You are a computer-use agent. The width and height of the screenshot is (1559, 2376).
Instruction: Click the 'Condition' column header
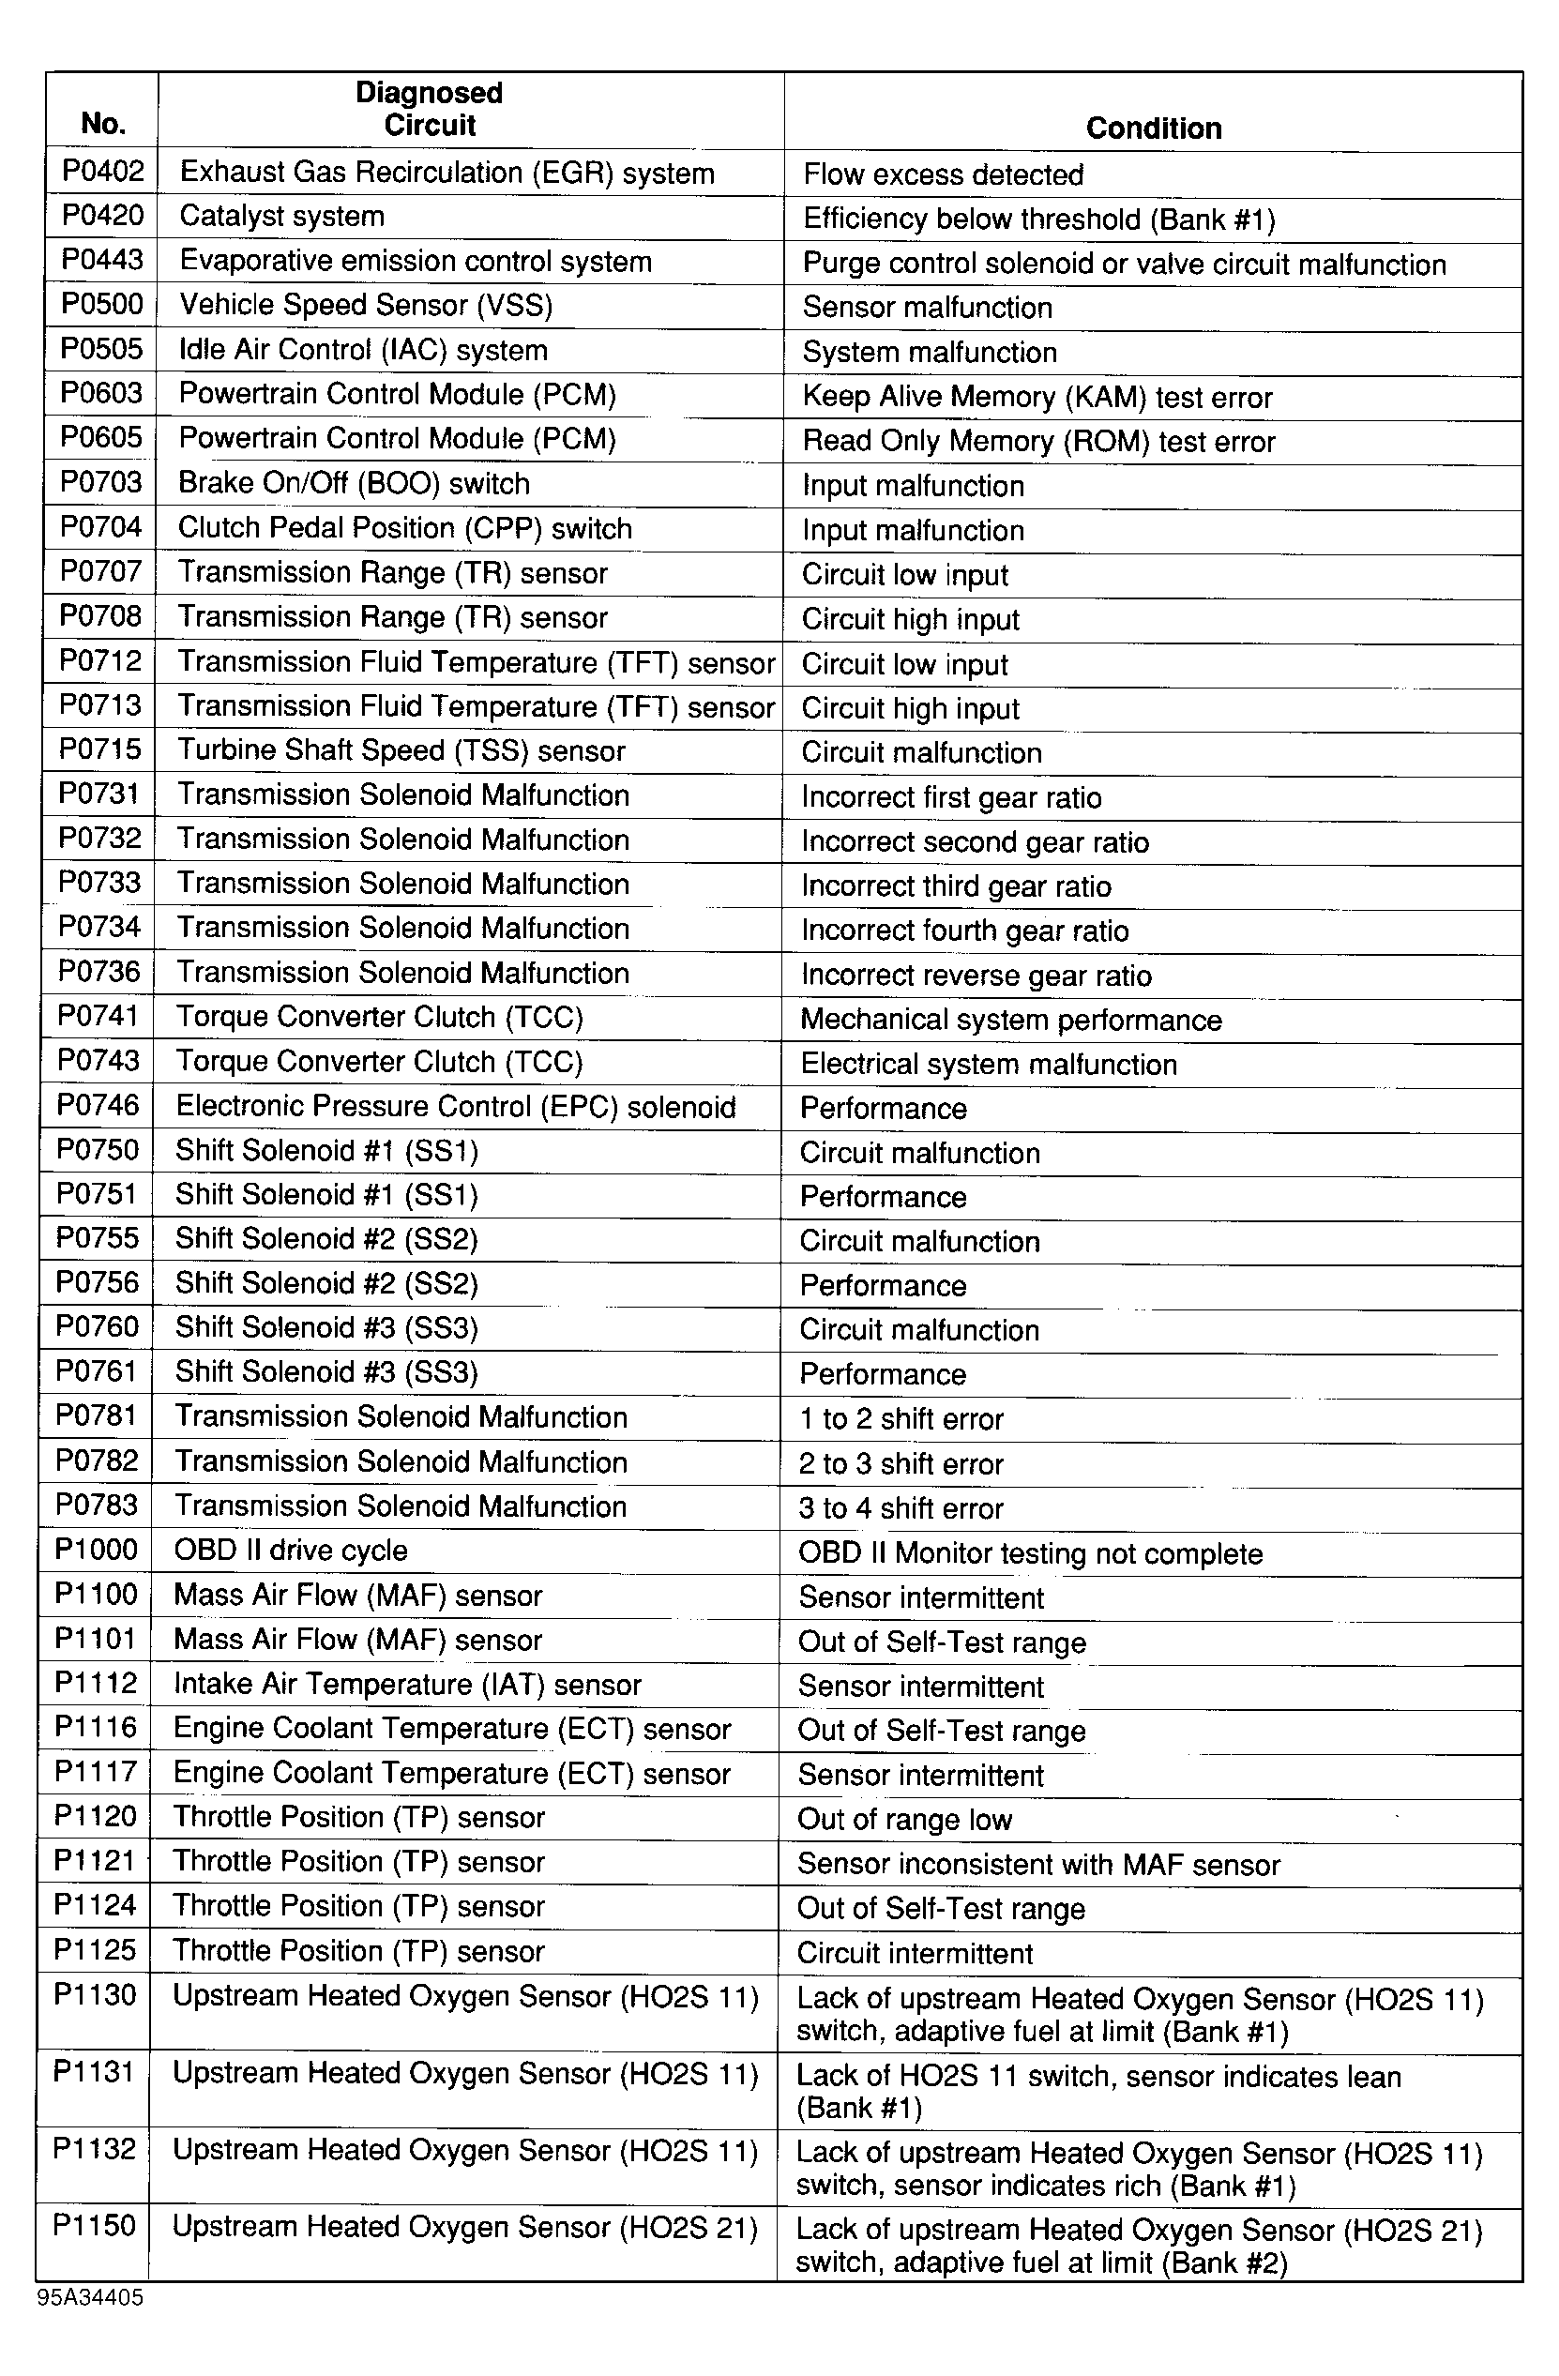coord(1153,128)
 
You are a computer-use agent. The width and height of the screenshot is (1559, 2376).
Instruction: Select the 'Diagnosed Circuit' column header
coord(430,109)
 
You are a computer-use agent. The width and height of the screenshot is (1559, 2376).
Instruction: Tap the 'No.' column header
coord(103,123)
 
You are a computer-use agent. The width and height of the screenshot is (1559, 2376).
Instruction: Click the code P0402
coord(103,172)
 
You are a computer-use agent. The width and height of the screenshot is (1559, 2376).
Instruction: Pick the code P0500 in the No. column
coord(102,305)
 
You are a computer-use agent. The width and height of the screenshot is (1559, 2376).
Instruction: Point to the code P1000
coord(96,1550)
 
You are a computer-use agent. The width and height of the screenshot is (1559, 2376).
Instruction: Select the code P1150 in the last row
coord(94,2226)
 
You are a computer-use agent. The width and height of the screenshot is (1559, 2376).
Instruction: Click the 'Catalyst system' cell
coord(281,217)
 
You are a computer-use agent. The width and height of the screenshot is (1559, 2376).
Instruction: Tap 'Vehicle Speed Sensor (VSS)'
coord(365,306)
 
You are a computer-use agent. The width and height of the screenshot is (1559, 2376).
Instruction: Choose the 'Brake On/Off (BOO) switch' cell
coord(354,483)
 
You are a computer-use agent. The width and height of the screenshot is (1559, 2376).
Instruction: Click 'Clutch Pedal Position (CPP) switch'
coord(404,528)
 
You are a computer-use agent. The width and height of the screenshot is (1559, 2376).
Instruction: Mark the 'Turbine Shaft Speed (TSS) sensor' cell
coord(401,750)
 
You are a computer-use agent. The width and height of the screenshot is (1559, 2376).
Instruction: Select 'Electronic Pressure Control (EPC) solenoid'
coord(455,1106)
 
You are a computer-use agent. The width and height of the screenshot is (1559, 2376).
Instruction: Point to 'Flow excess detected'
coord(943,175)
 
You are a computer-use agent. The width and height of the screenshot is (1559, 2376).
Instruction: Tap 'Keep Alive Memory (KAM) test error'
coord(1037,398)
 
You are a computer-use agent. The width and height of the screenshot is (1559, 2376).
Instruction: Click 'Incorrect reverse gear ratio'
coord(976,976)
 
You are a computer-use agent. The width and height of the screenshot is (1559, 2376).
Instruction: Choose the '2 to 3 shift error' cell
coord(901,1463)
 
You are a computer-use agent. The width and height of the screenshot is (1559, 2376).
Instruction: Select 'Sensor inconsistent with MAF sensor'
coord(1038,1864)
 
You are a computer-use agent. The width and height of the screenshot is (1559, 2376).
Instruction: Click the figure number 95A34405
coord(90,2298)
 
